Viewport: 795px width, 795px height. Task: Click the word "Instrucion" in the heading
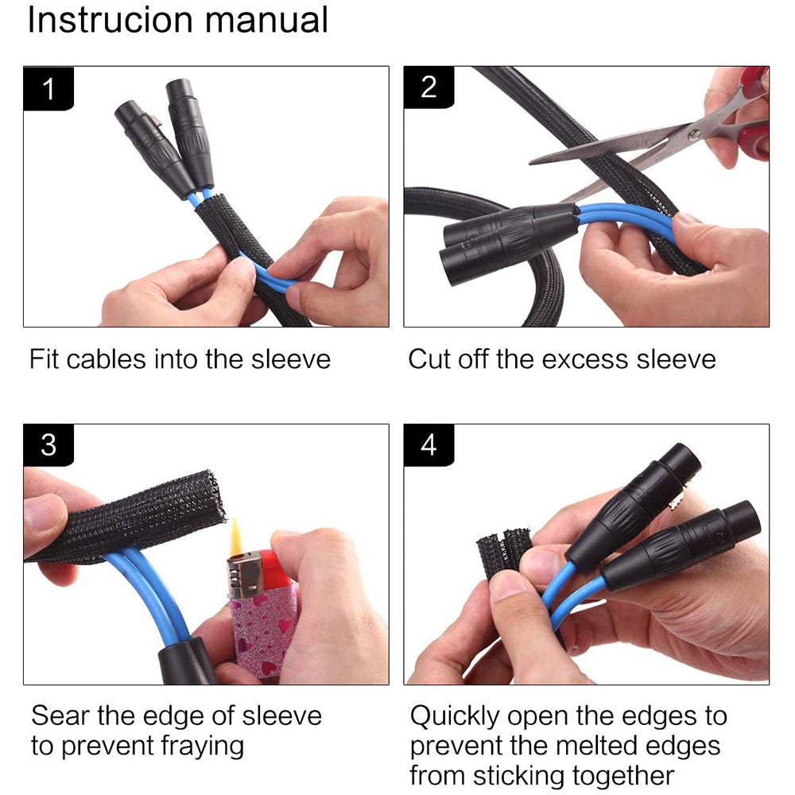pyautogui.click(x=110, y=20)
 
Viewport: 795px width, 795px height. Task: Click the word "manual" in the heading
pyautogui.click(x=266, y=20)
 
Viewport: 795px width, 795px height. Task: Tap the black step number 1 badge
pyautogui.click(x=48, y=88)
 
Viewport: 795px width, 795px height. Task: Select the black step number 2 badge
pyautogui.click(x=429, y=87)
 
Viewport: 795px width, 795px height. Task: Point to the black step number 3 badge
pyautogui.click(x=48, y=444)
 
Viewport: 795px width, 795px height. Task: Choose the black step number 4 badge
pyautogui.click(x=429, y=444)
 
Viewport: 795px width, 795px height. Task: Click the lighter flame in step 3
pyautogui.click(x=236, y=537)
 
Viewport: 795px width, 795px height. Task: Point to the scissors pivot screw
pyautogui.click(x=694, y=135)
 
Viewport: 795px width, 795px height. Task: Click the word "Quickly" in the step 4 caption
pyautogui.click(x=455, y=717)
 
